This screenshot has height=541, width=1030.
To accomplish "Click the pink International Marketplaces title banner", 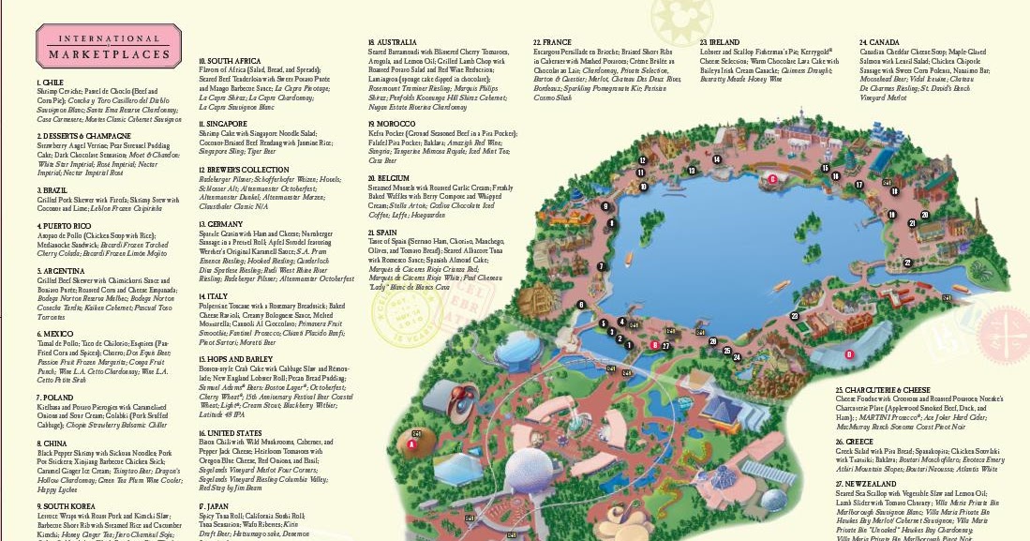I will click(x=108, y=45).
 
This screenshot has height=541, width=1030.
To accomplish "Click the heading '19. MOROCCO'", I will click(x=392, y=123).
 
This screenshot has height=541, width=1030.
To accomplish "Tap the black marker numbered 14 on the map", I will click(x=717, y=159).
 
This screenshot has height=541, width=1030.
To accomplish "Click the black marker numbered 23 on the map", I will click(x=794, y=317).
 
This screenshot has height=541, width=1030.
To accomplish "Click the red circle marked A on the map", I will click(x=413, y=445).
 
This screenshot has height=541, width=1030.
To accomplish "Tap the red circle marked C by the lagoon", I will click(x=771, y=177).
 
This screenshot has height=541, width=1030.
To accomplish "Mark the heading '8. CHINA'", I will click(x=51, y=443).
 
